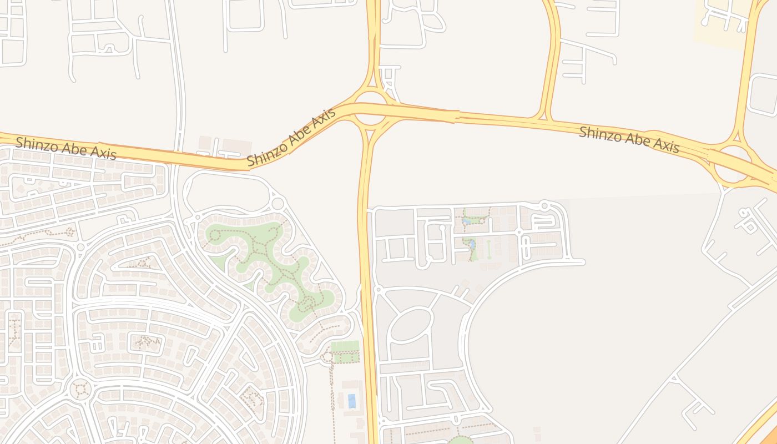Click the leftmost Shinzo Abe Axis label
click(x=66, y=148)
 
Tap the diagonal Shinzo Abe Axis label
click(x=291, y=138)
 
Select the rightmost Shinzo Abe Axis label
click(x=629, y=139)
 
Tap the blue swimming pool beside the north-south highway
click(x=351, y=401)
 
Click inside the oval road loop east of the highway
click(x=411, y=325)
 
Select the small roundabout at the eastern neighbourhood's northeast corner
click(x=544, y=206)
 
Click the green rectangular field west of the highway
click(x=345, y=346)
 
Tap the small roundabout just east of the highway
click(x=378, y=289)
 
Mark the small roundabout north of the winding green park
click(x=277, y=203)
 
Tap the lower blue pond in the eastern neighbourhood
click(x=471, y=244)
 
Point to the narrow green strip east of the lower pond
click(x=489, y=249)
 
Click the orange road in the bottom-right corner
click(x=763, y=427)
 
